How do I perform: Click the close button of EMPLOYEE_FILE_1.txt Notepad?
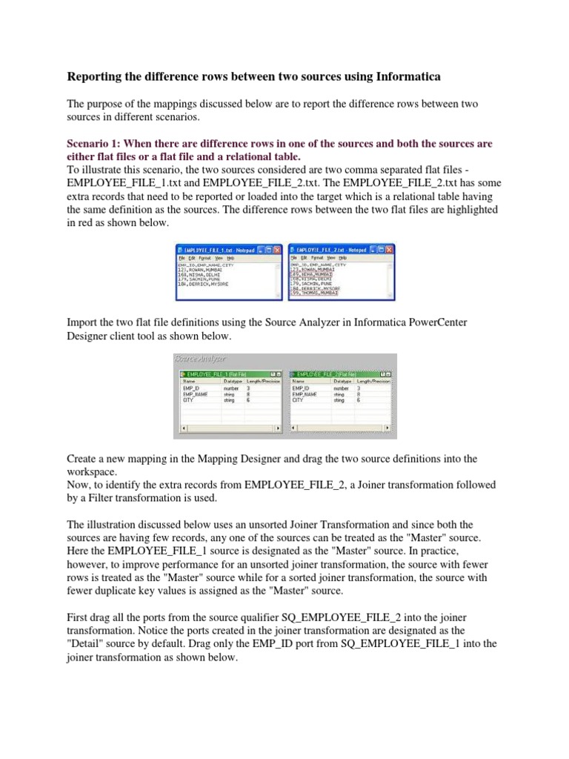point(277,251)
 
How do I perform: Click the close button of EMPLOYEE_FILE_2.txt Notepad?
point(390,251)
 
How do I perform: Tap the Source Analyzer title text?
point(198,358)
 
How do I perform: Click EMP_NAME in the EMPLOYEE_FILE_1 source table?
point(195,394)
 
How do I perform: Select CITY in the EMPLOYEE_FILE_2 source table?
point(298,400)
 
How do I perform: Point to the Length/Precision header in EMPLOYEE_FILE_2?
point(375,381)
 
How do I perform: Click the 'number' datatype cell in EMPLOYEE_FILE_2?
point(341,388)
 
